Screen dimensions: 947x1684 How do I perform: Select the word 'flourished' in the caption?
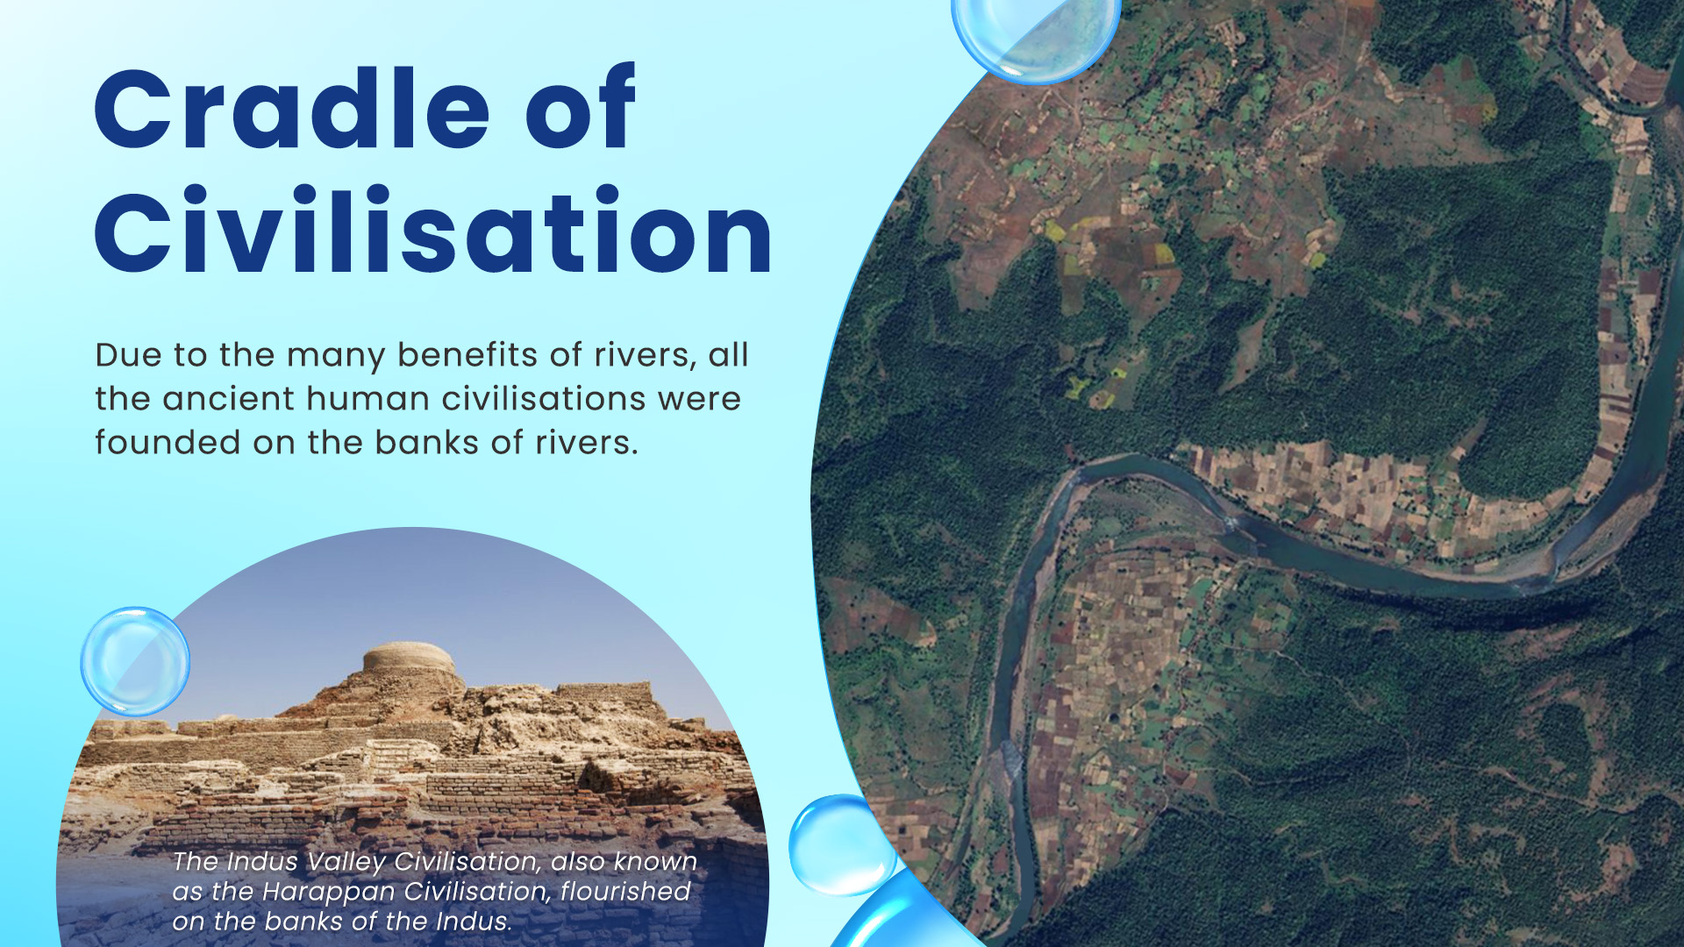coord(624,892)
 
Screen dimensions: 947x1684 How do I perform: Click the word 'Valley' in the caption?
coord(345,862)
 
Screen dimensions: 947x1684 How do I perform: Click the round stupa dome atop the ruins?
coord(409,658)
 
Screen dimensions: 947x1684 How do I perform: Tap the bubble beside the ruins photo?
coord(135,661)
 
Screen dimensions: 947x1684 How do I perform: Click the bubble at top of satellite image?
coord(1035,35)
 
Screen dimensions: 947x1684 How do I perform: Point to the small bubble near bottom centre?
coord(839,844)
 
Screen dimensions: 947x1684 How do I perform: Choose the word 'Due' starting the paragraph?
coord(128,355)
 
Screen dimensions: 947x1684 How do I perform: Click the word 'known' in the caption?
coord(655,862)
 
